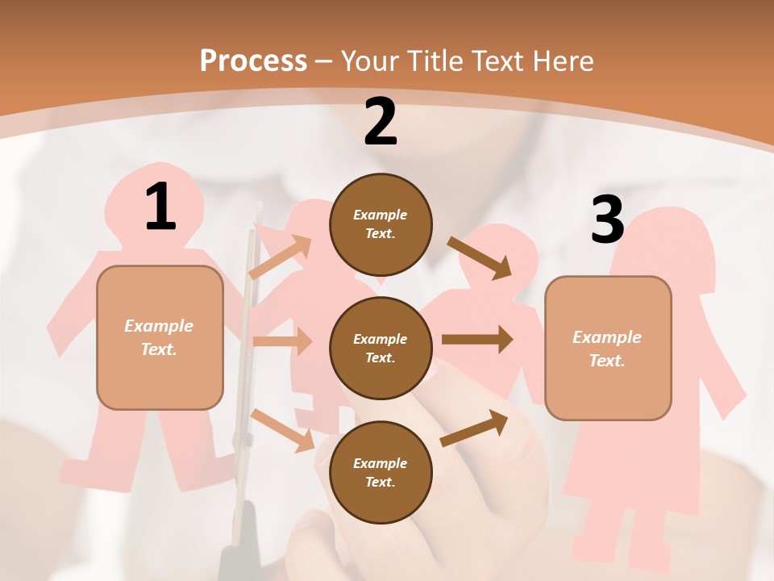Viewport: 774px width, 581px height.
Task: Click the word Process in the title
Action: click(253, 61)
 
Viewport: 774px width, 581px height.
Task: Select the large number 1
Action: click(160, 207)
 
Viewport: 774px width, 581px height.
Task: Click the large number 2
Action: click(381, 122)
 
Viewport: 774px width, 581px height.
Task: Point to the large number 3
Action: click(607, 220)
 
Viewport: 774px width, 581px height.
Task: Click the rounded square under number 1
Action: click(160, 337)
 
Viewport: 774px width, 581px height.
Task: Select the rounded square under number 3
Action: click(608, 348)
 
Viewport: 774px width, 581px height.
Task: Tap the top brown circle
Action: click(381, 224)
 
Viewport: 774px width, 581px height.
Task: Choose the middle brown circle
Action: click(381, 348)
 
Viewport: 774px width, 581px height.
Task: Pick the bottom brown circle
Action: click(381, 472)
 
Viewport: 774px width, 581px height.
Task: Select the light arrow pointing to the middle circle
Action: click(282, 341)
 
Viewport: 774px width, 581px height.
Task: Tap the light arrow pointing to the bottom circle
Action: click(283, 429)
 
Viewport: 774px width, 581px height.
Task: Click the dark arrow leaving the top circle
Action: click(480, 257)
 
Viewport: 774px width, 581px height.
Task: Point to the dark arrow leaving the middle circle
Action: click(476, 339)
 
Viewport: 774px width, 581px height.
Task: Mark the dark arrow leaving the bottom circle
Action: click(474, 428)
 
